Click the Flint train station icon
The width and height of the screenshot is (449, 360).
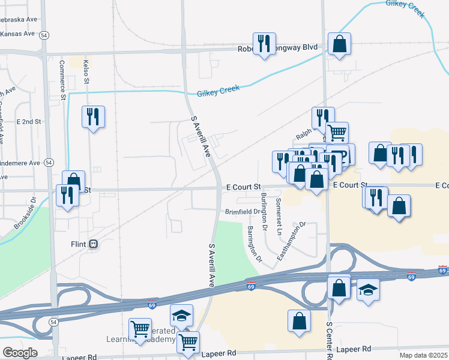93,244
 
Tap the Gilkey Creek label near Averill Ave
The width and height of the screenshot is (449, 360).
218,91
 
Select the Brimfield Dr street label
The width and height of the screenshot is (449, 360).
243,212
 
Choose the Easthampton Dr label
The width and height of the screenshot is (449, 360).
292,241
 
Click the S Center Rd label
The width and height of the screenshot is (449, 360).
329,340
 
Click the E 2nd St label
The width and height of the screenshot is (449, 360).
29,121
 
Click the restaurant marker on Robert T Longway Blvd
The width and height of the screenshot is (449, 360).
264,44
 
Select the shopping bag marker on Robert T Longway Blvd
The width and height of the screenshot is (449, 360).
339,44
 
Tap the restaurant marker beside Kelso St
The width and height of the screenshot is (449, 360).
93,116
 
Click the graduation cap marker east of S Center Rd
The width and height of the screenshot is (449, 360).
368,290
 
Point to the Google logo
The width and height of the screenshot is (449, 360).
20,352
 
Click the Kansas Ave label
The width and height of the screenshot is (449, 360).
19,34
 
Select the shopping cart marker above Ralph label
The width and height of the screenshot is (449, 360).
337,131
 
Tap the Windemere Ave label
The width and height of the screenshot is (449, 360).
19,163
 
